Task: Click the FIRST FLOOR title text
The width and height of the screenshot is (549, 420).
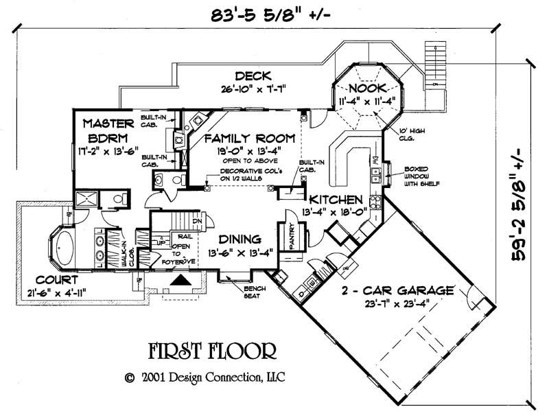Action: pyautogui.click(x=212, y=352)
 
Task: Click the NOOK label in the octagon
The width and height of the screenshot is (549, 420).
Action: pyautogui.click(x=367, y=89)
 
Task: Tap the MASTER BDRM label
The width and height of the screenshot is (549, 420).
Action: pyautogui.click(x=108, y=130)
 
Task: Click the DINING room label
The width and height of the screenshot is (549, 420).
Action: pyautogui.click(x=240, y=240)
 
